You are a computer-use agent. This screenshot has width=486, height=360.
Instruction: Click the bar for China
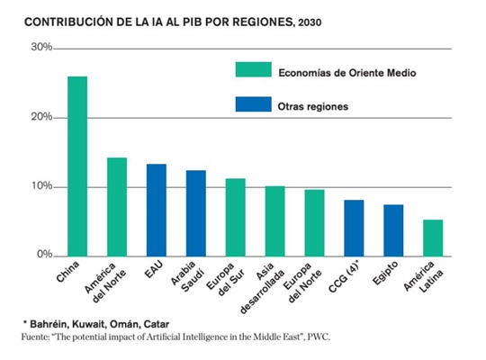click(77, 166)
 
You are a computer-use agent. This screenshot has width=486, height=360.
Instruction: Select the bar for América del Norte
click(117, 206)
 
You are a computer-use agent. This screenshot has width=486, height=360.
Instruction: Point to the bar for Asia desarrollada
click(274, 220)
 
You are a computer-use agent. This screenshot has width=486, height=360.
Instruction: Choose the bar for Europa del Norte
click(314, 222)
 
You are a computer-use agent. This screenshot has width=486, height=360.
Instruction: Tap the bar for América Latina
click(433, 238)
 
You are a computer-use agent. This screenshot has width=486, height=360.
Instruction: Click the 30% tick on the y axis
click(40, 47)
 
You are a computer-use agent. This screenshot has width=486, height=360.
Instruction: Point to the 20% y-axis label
click(40, 117)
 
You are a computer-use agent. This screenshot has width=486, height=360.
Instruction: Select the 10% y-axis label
click(40, 186)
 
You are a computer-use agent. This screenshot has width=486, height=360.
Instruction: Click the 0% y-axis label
click(42, 256)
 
